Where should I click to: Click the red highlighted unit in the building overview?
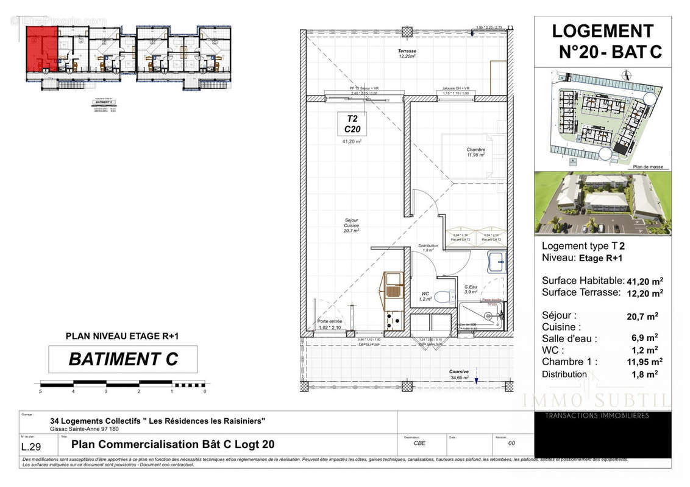(41, 52)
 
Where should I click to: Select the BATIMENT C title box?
(123, 359)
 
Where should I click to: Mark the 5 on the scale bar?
(40, 391)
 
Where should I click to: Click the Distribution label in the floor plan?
(428, 248)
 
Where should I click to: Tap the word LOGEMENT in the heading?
(602, 31)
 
